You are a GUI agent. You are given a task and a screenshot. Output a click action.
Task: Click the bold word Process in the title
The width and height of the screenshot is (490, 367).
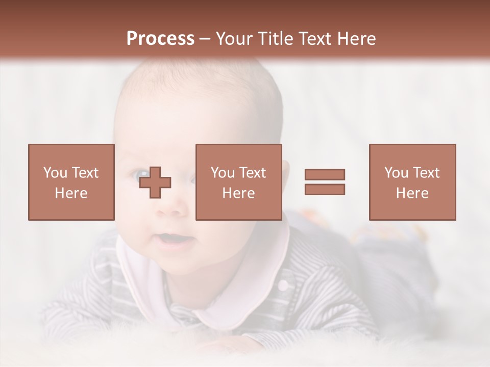click(x=160, y=39)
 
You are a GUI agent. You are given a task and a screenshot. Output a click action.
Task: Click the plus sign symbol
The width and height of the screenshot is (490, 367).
click(x=155, y=182)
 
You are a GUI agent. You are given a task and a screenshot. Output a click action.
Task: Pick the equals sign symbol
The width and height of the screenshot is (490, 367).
click(x=325, y=182)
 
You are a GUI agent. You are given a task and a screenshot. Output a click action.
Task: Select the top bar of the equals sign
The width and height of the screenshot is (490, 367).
click(x=325, y=175)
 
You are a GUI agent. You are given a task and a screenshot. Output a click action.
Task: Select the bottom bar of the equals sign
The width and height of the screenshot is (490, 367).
click(x=325, y=189)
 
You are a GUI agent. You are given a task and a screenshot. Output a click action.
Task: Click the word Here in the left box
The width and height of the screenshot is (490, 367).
click(x=71, y=193)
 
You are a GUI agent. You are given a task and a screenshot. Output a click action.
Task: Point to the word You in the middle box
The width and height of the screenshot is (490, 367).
click(x=222, y=173)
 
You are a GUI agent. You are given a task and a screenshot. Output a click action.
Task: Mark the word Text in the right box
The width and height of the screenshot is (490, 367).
click(x=425, y=173)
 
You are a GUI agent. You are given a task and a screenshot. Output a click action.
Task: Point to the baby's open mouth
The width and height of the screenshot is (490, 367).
click(x=171, y=239)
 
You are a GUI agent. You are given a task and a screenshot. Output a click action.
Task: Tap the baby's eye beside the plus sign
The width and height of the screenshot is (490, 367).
click(x=139, y=175)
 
